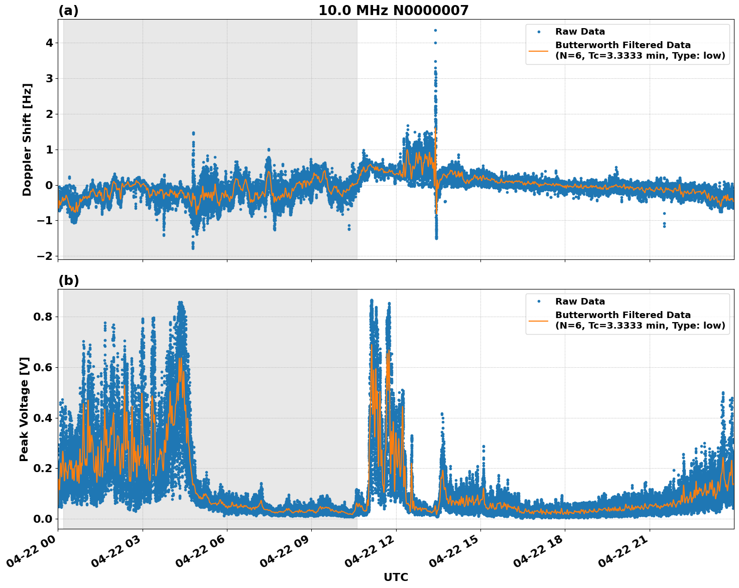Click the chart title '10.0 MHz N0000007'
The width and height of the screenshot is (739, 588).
pyautogui.click(x=393, y=11)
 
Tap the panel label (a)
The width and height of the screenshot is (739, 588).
pyautogui.click(x=68, y=11)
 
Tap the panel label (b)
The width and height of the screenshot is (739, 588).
pyautogui.click(x=68, y=280)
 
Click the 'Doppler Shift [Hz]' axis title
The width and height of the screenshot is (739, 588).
pyautogui.click(x=27, y=139)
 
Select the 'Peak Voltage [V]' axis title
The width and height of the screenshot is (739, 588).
pyautogui.click(x=24, y=409)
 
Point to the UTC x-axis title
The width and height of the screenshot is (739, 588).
pyautogui.click(x=396, y=577)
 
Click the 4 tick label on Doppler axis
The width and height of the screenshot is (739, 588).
pyautogui.click(x=49, y=43)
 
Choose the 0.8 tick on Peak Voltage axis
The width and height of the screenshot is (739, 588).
pyautogui.click(x=43, y=317)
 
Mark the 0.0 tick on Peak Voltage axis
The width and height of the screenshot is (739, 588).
pyautogui.click(x=43, y=519)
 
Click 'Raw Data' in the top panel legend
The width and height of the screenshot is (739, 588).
pyautogui.click(x=580, y=32)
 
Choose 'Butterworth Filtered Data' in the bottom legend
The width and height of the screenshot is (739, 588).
pyautogui.click(x=623, y=315)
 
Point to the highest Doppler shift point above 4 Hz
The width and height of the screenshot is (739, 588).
pyautogui.click(x=435, y=30)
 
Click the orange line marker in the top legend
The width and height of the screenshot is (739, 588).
pyautogui.click(x=539, y=51)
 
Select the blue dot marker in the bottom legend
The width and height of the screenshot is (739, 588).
pyautogui.click(x=539, y=302)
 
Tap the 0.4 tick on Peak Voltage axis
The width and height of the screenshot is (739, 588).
pyautogui.click(x=43, y=418)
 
